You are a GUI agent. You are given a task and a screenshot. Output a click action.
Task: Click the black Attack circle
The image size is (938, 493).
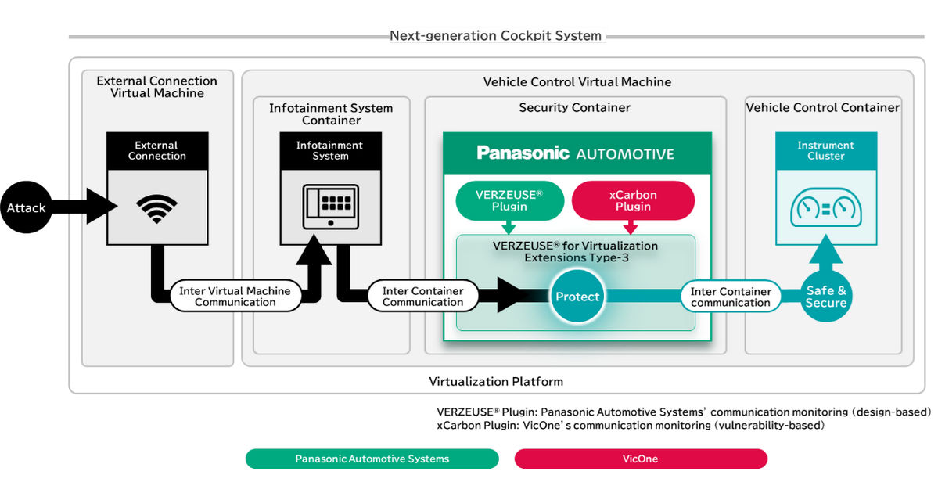click(x=27, y=207)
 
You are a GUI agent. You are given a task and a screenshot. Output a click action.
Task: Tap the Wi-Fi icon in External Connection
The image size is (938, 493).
click(x=156, y=208)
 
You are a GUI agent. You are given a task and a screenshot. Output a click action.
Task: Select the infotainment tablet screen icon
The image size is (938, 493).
click(x=331, y=207)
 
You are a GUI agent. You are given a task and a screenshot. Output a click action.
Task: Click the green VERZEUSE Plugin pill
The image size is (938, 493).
click(x=509, y=200)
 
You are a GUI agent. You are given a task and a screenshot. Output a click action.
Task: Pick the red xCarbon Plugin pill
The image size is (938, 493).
click(x=633, y=200)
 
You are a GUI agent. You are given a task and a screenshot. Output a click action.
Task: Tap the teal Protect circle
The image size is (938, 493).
click(x=577, y=296)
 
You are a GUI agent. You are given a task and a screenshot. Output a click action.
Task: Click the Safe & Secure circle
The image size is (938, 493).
click(x=826, y=296)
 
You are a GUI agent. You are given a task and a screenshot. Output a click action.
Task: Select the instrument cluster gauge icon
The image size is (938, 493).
click(x=826, y=207)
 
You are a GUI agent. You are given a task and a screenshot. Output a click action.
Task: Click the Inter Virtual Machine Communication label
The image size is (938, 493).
click(x=235, y=296)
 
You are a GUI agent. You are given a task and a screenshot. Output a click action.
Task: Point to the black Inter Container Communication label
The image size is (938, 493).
click(x=423, y=296)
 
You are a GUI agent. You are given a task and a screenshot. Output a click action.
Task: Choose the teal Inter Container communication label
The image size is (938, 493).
click(x=731, y=296)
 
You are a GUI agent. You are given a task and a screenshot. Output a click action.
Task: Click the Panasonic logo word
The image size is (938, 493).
click(x=523, y=153)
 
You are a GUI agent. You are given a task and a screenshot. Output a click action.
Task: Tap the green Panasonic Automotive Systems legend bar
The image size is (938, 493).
click(x=372, y=459)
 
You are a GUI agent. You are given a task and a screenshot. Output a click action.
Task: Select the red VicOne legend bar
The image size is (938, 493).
click(x=641, y=459)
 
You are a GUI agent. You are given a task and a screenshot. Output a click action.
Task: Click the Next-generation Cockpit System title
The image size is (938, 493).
click(x=496, y=35)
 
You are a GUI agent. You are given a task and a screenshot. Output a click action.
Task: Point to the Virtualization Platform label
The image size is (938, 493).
click(x=496, y=381)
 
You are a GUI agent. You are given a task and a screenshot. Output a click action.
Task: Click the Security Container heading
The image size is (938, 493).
click(x=575, y=108)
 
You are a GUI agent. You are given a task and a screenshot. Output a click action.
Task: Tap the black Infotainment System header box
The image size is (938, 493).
click(x=331, y=151)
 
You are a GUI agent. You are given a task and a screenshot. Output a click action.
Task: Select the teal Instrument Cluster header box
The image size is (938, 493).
click(x=826, y=151)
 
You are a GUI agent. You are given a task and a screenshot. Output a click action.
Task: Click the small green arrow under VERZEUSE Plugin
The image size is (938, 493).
click(x=509, y=227)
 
